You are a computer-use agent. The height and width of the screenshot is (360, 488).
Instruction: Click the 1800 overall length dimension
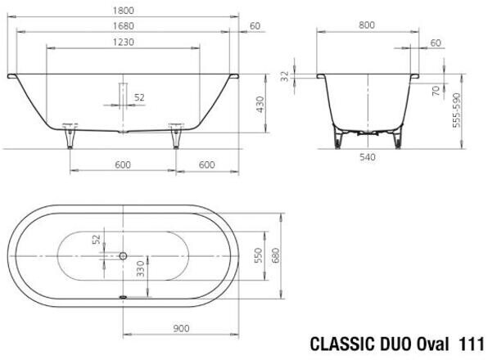[124, 11]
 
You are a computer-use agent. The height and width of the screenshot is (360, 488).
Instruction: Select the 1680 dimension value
[124, 26]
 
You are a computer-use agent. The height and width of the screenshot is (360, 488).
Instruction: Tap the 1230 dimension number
[124, 42]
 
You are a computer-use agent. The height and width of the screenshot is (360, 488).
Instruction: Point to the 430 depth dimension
[260, 105]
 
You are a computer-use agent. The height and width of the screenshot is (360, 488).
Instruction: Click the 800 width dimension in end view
[367, 25]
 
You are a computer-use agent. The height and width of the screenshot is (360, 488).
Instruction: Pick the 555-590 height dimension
[456, 110]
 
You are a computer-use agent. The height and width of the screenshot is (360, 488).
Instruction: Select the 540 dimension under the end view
[368, 157]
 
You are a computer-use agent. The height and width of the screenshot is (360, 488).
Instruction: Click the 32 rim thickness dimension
[285, 76]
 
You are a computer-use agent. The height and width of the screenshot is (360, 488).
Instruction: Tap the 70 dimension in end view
[436, 91]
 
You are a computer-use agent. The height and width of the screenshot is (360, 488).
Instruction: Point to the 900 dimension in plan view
[181, 328]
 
